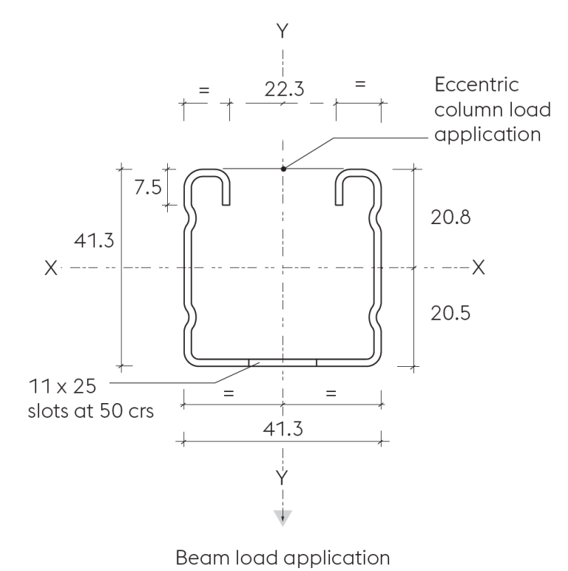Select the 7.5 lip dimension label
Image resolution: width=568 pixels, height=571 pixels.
coord(147,187)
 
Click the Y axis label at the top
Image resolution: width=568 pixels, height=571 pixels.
coord(283,30)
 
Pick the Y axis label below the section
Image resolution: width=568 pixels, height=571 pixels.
coord(283,476)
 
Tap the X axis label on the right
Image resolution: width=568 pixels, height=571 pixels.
coord(479,267)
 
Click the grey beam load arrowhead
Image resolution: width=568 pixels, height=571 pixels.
coord(283,517)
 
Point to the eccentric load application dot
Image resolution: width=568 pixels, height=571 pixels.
coord(283,169)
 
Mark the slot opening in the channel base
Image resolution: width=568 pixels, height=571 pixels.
coord(283,362)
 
